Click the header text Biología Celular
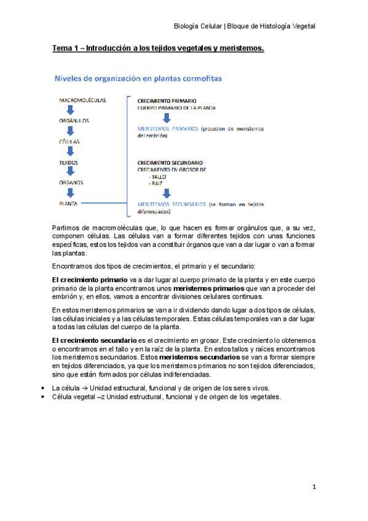tap(198, 26)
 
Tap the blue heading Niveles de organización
tap(139, 79)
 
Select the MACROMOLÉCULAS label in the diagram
tap(82, 99)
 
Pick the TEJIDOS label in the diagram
tap(69, 162)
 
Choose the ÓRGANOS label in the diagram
tap(71, 182)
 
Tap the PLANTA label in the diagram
tap(69, 202)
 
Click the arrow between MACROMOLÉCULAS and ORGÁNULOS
tap(71, 110)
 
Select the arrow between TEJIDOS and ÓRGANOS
tap(71, 173)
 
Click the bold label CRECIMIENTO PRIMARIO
tap(168, 100)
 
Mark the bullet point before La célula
tap(41, 388)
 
